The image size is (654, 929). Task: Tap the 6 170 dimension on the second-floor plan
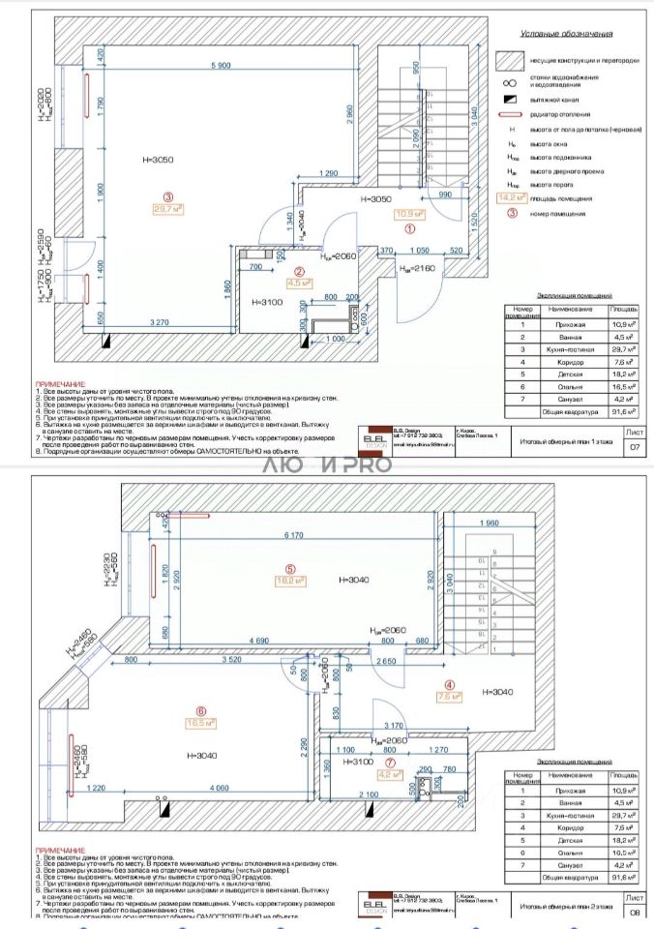(293, 534)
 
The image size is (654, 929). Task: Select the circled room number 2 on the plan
(301, 272)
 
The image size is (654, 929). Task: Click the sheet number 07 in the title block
(635, 447)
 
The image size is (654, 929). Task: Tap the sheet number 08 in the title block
(635, 911)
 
